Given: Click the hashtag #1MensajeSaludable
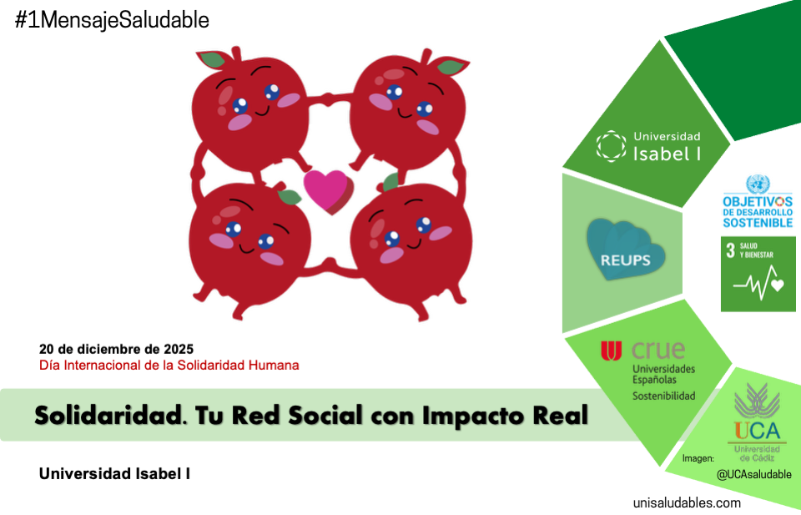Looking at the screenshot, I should tap(112, 20).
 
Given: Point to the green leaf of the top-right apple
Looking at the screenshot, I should tap(451, 66).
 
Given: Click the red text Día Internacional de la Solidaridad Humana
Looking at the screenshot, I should tap(169, 365).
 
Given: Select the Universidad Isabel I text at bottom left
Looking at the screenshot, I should tap(114, 474).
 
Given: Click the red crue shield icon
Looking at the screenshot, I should tap(612, 351).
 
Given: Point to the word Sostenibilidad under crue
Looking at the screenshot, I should tap(663, 396).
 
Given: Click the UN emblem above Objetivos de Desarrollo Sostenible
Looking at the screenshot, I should tap(758, 184).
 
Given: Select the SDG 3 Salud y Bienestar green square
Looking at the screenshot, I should tap(758, 274).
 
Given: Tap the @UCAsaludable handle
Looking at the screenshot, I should tap(753, 474).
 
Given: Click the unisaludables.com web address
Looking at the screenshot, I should tap(687, 502).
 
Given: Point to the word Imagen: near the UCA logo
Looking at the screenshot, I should tap(698, 458).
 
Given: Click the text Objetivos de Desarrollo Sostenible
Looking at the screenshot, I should tap(758, 212).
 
